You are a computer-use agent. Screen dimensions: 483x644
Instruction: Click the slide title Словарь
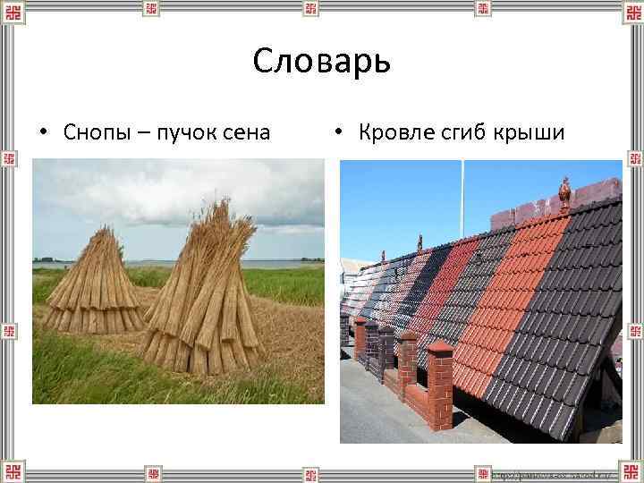click(321, 63)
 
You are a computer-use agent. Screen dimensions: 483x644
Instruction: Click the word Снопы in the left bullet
click(96, 132)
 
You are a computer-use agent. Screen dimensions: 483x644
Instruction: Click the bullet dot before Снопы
click(43, 133)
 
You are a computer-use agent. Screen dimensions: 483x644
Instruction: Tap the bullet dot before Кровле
click(339, 133)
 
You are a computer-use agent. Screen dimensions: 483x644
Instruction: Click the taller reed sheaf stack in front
click(201, 304)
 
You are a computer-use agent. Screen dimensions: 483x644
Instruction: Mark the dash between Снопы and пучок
click(143, 133)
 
